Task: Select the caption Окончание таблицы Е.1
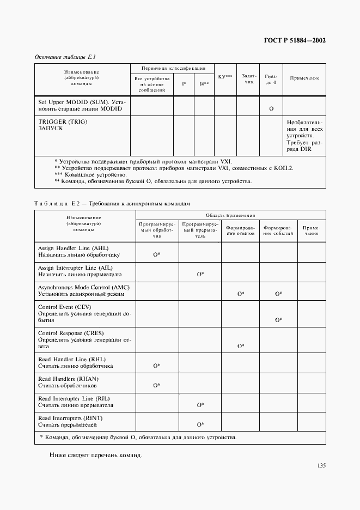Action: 66,57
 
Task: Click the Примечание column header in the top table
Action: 304,78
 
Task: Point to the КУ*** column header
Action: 225,76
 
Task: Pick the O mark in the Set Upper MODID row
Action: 271,109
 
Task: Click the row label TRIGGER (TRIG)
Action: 63,121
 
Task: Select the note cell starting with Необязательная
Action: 304,136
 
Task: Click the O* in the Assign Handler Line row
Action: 156,254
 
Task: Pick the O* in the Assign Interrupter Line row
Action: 200,275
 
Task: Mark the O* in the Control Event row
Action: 278,320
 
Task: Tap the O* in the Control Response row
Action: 240,346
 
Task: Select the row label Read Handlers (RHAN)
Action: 68,379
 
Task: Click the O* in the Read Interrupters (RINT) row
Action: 200,424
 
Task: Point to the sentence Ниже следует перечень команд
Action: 96,455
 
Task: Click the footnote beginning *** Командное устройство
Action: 91,174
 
